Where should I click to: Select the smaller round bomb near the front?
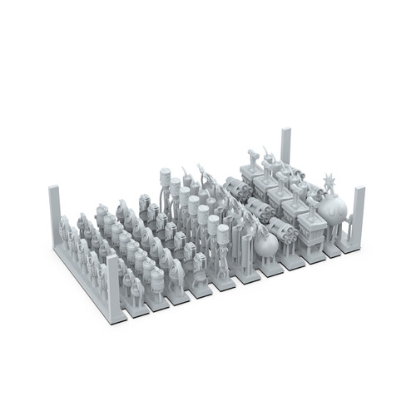tap(266, 244)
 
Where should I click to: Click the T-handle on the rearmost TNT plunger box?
tap(252, 155)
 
